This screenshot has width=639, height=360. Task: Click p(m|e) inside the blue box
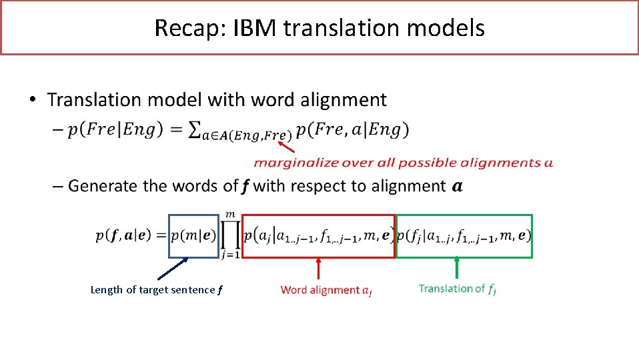coord(193,235)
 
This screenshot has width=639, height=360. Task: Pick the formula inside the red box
coord(318,235)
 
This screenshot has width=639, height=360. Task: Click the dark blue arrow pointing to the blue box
coord(172,268)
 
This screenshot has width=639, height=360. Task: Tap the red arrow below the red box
coord(318,268)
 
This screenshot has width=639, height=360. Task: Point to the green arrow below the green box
coord(457,267)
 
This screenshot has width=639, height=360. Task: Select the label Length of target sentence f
coord(156,290)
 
